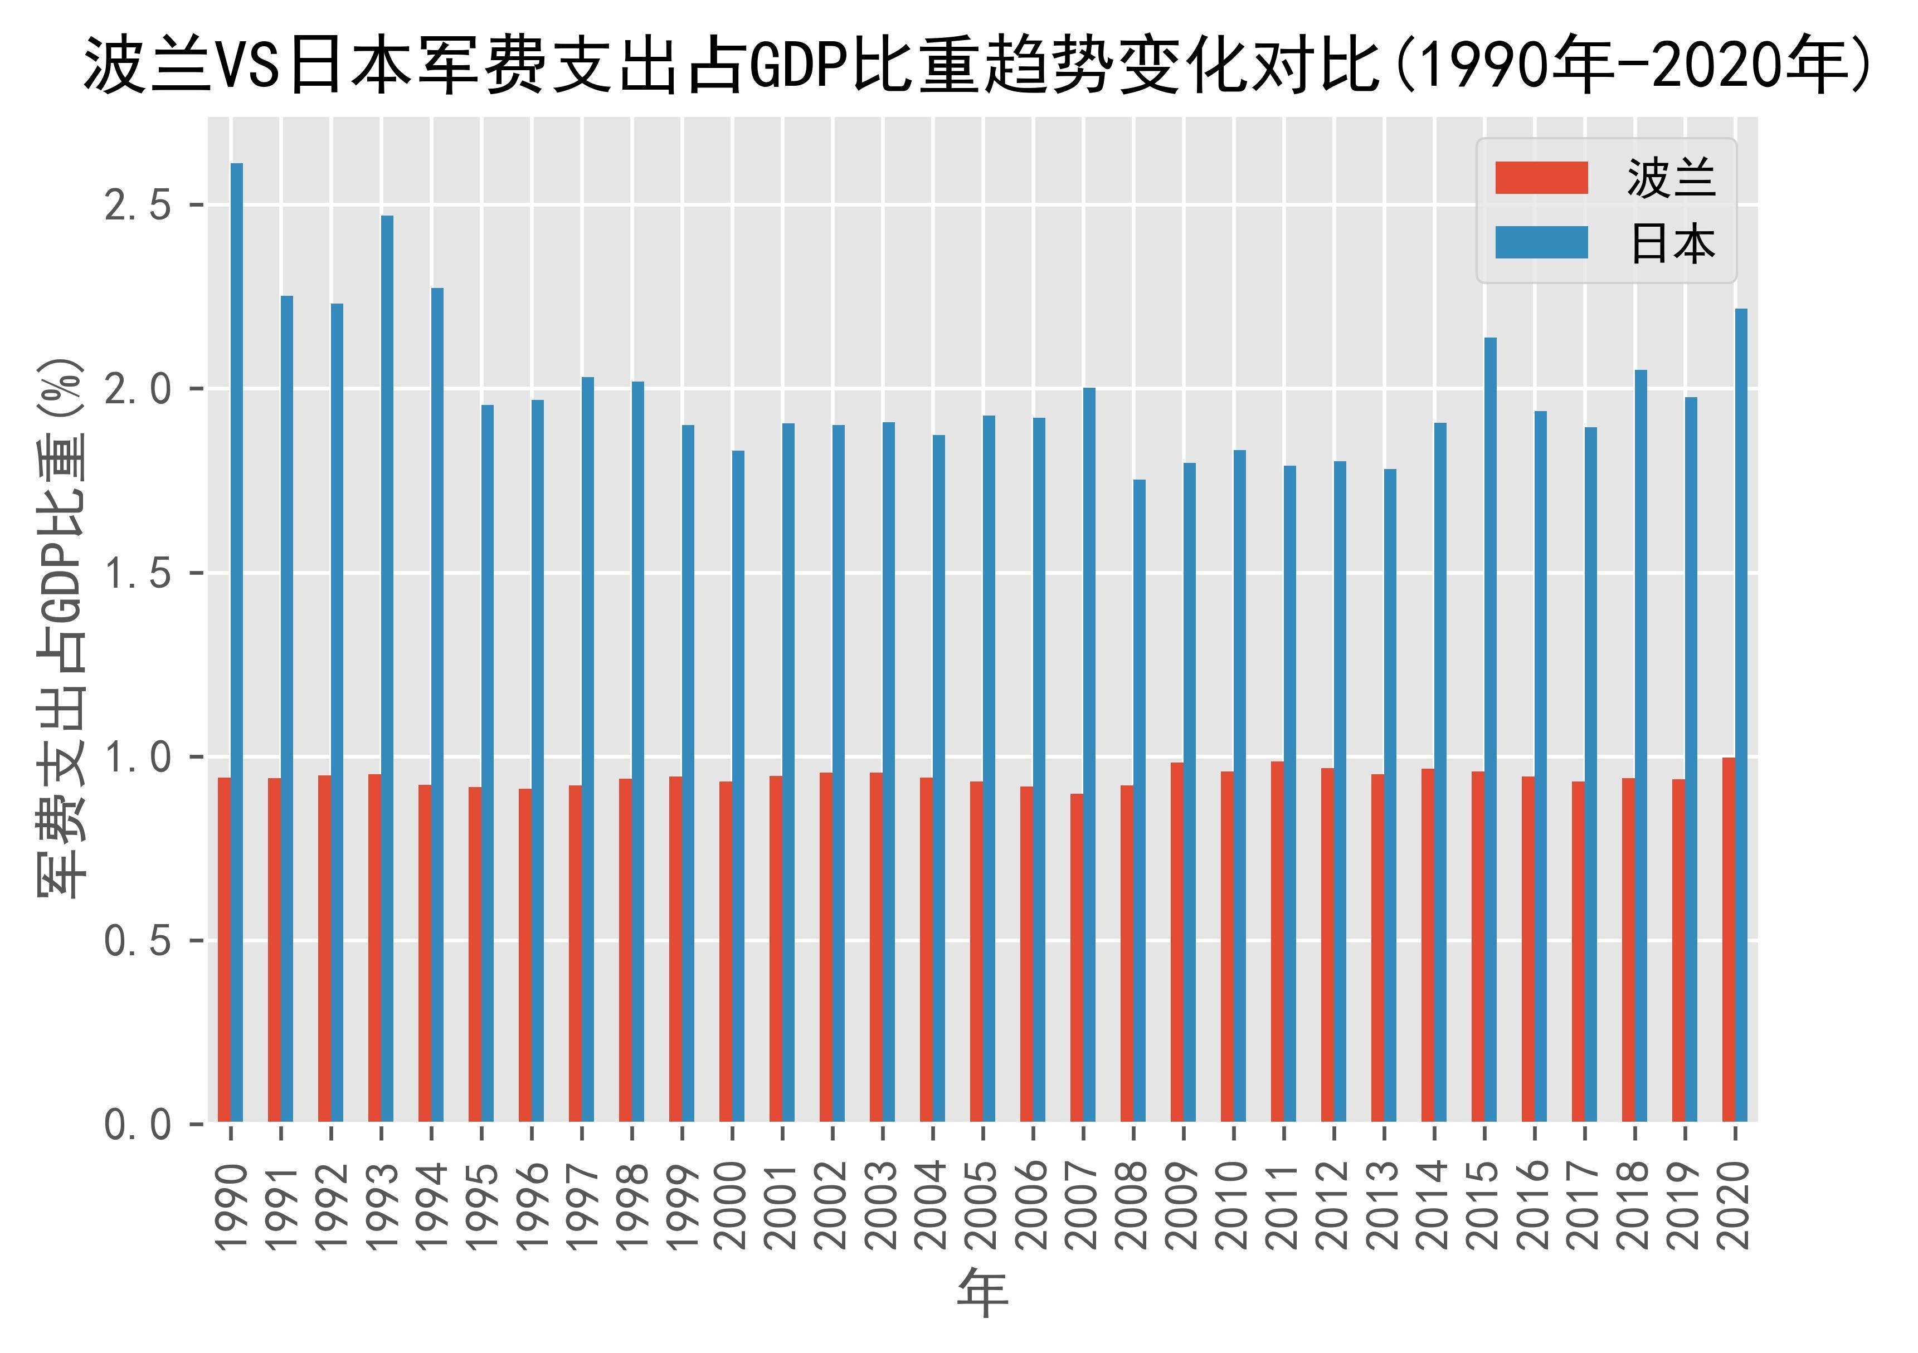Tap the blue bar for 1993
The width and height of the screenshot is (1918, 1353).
(x=388, y=668)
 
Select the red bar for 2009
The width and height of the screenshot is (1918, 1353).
(x=1177, y=941)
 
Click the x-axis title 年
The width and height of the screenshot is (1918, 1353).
(x=982, y=1292)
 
